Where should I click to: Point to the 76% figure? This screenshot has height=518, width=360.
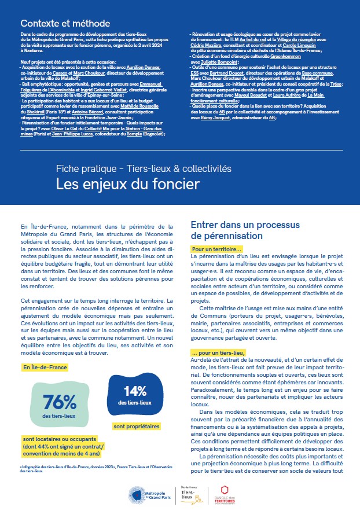59,401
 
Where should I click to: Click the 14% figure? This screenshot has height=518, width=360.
134,391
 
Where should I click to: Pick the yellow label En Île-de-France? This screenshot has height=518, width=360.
45,368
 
